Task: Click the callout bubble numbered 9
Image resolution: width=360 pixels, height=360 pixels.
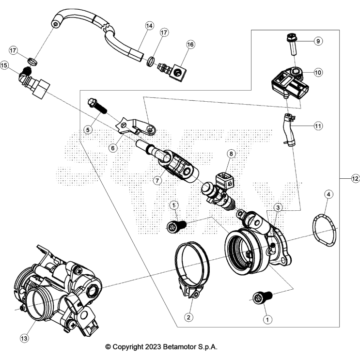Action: tap(318, 41)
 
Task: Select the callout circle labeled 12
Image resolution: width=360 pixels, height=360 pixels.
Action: tap(355, 179)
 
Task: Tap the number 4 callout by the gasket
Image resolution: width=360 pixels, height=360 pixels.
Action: tap(329, 195)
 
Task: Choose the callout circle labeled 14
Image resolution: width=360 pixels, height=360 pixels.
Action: tap(149, 25)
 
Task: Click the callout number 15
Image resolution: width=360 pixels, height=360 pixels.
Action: tap(5, 65)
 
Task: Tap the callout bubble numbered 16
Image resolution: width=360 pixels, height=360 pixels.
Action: tap(190, 45)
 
